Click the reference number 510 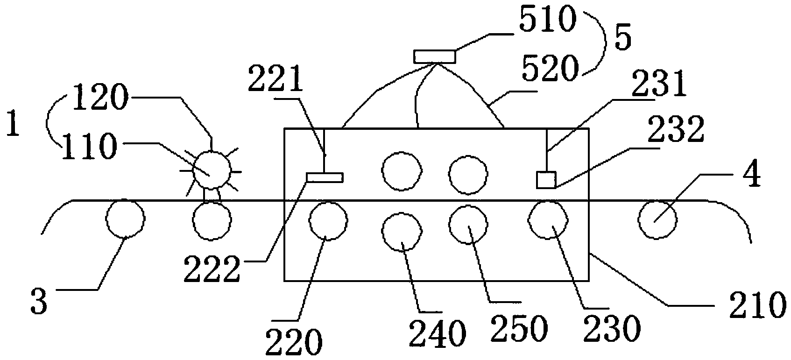click(547, 19)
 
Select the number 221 click(275, 78)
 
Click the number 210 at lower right click(758, 305)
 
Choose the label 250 click(519, 328)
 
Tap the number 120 click(100, 97)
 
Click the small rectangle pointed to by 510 click(434, 57)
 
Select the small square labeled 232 click(546, 180)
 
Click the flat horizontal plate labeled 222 click(325, 177)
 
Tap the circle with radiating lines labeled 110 click(212, 170)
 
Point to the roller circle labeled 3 click(125, 218)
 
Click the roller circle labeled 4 click(657, 219)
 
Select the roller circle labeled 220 click(328, 221)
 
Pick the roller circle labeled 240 click(402, 232)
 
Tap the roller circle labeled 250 click(468, 225)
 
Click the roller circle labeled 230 click(548, 219)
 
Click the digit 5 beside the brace click(622, 39)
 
